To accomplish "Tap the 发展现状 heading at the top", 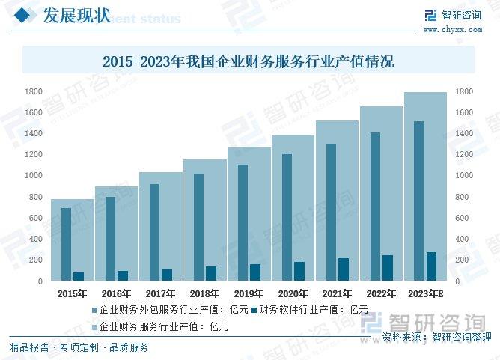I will point(79,16).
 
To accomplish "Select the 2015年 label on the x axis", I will point(72,293).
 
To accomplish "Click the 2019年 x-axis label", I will point(249,293).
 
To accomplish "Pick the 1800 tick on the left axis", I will point(33,91).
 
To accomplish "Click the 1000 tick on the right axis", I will point(463,176).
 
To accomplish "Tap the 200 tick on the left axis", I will point(35,260).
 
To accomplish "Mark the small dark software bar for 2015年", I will point(79,276).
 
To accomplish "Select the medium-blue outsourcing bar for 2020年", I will point(287,217).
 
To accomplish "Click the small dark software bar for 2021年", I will point(344,269).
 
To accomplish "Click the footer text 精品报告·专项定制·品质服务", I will point(79,347).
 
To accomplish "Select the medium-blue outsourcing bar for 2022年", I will point(375,207).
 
